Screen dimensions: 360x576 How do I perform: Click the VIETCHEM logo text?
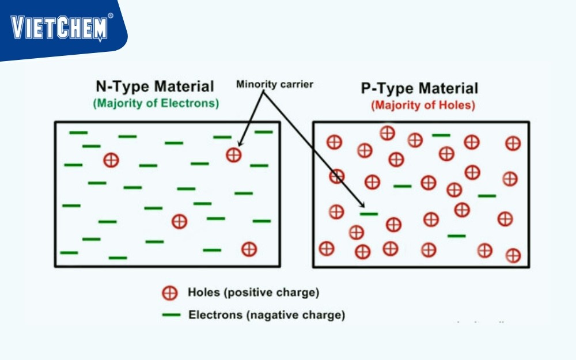(59, 27)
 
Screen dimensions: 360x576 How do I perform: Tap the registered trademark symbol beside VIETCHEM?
(111, 16)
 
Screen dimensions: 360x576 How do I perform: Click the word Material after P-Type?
(448, 89)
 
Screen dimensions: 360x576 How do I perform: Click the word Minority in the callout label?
(255, 85)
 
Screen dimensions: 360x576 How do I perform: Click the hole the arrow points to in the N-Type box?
(233, 154)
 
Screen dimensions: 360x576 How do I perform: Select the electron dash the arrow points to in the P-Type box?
(369, 214)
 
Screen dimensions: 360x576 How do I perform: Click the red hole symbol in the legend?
(169, 293)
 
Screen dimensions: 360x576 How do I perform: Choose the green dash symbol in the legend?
(171, 315)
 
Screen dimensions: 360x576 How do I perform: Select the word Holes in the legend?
(203, 293)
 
